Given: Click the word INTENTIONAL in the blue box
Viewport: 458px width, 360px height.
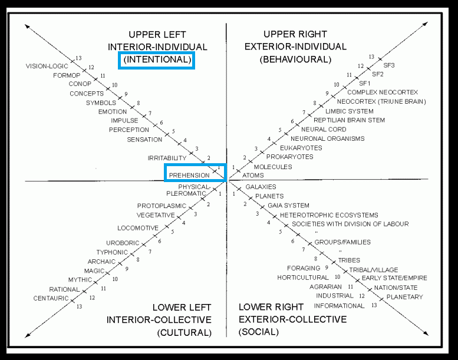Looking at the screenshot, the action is pos(157,60).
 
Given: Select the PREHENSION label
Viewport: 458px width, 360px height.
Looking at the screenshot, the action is pos(189,175).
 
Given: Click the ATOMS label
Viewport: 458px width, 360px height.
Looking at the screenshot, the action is pos(252,175).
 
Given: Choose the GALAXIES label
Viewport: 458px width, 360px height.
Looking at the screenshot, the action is pos(261,187).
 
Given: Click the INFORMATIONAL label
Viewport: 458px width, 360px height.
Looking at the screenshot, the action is pos(339,306).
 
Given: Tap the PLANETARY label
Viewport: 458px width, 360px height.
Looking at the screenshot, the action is pos(404,297).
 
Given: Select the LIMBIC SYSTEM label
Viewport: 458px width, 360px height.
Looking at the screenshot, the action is pos(350,111).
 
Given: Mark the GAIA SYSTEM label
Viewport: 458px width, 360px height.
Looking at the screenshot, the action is pos(288,206).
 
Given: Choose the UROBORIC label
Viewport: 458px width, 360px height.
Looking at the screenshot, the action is pos(123,243).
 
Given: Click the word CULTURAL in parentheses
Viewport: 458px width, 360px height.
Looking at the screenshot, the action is pos(184,332).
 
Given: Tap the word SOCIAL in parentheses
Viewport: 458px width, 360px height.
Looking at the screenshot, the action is pos(259,332).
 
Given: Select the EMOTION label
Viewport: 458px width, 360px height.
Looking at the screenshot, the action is pos(113,111).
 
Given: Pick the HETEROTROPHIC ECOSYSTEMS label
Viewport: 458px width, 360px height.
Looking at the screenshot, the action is pos(329,215).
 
